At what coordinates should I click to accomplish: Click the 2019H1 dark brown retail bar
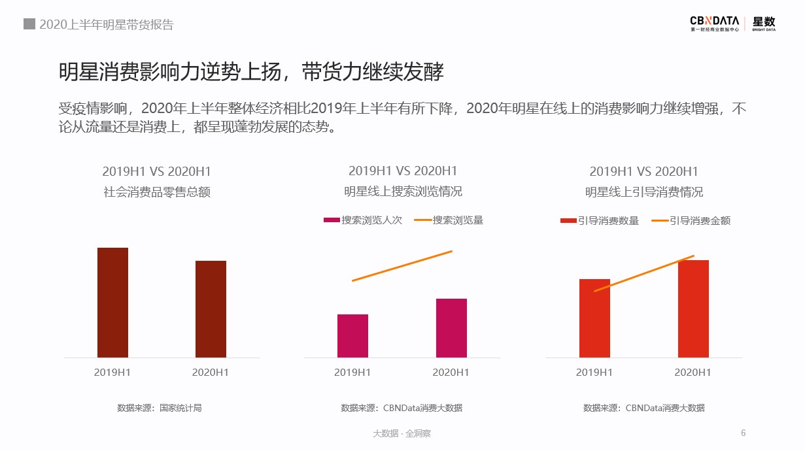point(112,303)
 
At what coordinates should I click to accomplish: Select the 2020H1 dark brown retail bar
point(211,309)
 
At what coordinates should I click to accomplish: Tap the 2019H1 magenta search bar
point(352,336)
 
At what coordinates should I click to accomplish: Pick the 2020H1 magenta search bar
point(451,328)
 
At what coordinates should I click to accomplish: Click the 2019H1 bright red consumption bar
point(594,318)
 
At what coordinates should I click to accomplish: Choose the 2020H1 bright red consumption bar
point(693,309)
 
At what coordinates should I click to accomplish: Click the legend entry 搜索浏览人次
point(363,220)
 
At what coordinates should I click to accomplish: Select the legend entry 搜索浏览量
point(449,220)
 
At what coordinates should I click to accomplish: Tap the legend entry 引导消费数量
point(600,221)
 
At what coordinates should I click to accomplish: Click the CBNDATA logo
point(715,24)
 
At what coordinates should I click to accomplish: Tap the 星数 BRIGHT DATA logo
point(764,24)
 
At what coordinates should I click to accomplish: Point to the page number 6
point(743,433)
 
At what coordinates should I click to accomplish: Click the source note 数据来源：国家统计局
point(160,408)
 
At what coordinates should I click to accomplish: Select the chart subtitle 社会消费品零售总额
point(157,193)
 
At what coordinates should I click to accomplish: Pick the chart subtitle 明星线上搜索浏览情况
point(403,192)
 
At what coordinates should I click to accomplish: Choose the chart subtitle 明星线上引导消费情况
point(644,193)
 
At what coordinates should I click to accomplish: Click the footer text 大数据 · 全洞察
point(402,433)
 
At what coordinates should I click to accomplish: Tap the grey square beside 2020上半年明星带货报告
point(29,24)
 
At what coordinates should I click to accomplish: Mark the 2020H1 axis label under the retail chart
point(211,373)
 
